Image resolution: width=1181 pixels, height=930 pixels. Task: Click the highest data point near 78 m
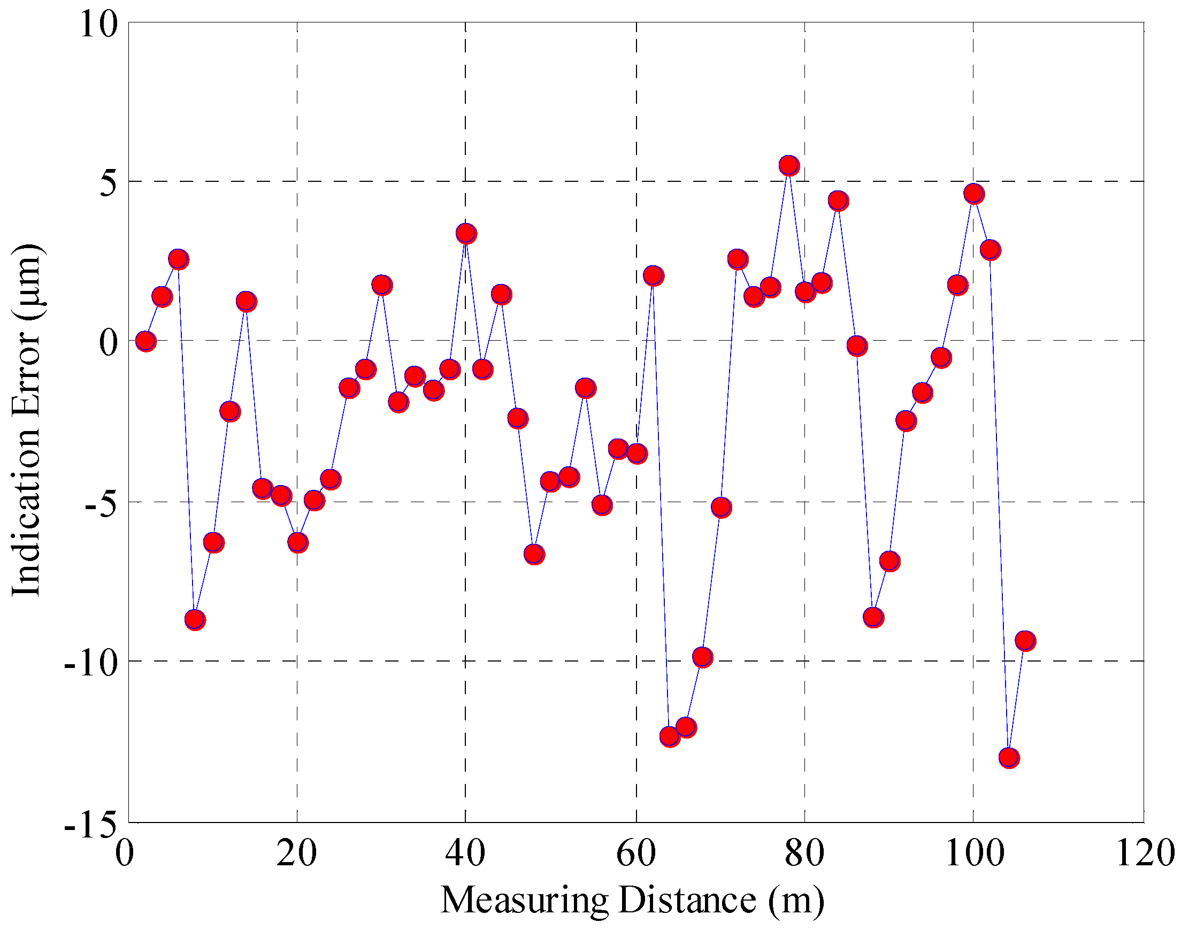tap(788, 166)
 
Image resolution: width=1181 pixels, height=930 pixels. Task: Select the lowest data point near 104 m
tap(1009, 757)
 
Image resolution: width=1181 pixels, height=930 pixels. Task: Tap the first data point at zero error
tap(145, 341)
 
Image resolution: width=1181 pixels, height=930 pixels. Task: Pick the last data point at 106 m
tap(1025, 641)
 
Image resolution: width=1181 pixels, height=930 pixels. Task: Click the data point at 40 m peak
tap(466, 234)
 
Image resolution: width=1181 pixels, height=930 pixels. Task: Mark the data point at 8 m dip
tap(195, 620)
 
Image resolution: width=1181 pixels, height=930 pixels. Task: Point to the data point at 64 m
tap(670, 737)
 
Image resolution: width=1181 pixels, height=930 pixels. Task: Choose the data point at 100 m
tap(973, 194)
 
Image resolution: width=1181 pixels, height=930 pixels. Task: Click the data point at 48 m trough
tap(534, 554)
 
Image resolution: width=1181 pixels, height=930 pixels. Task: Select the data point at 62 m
tap(654, 275)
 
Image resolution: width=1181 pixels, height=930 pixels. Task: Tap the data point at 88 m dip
tap(873, 618)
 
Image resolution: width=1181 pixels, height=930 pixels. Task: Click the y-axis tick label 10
tap(98, 25)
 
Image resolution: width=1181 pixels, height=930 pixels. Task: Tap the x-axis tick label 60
tap(636, 853)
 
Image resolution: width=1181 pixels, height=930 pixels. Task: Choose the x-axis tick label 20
tap(296, 853)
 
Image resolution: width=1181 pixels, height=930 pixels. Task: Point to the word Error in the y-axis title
tap(26, 371)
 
